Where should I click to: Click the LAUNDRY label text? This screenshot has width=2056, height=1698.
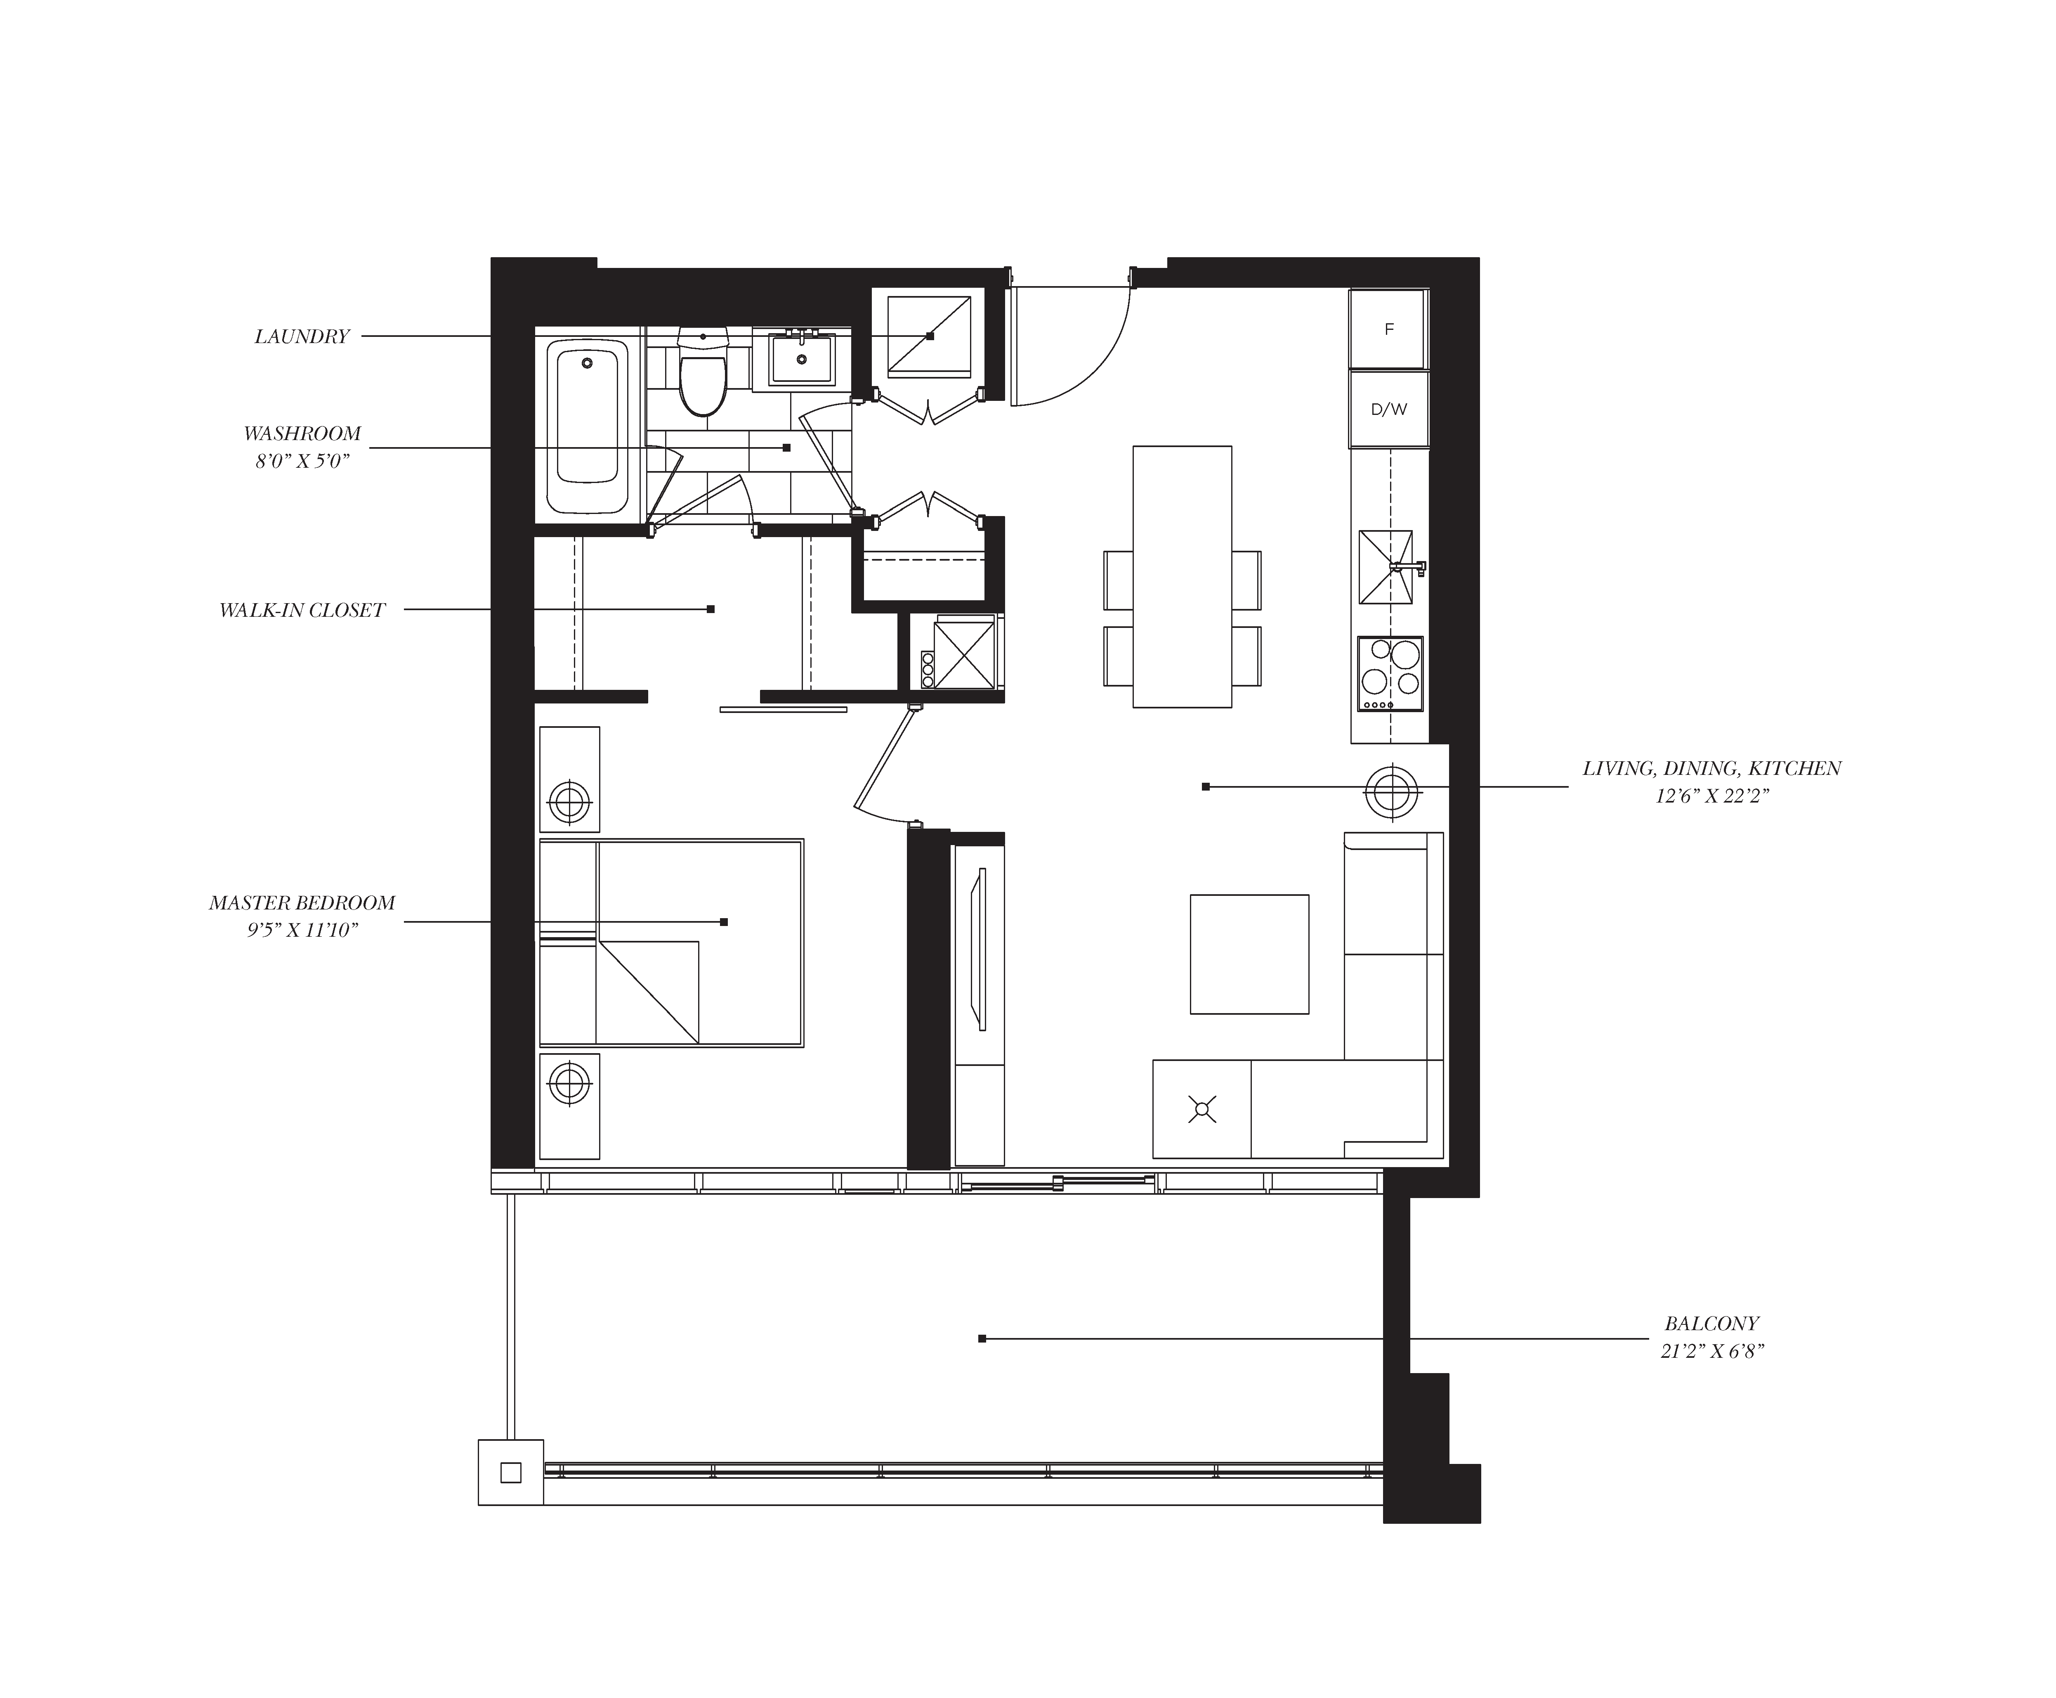[301, 336]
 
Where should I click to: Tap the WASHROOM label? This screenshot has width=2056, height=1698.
[302, 433]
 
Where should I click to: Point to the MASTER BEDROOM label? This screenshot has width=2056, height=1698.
[302, 903]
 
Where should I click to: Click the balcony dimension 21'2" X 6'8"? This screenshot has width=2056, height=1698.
[1711, 1352]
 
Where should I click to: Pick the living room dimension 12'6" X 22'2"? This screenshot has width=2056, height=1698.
[1712, 796]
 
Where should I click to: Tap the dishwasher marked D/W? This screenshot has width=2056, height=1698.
[1388, 409]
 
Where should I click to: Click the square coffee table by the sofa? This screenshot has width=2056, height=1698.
[1249, 954]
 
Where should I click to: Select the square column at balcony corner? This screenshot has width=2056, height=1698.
[510, 1472]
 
